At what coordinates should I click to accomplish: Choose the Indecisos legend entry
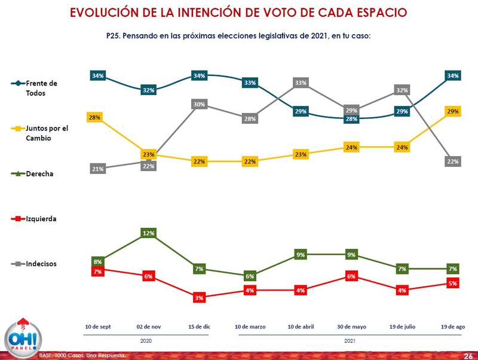(36, 263)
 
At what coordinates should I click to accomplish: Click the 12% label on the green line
(149, 233)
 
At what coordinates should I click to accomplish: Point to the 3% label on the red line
(199, 297)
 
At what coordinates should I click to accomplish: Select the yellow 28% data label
(94, 117)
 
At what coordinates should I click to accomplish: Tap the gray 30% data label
(199, 104)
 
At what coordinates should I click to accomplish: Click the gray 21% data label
(98, 169)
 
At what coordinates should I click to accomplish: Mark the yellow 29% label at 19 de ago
(453, 112)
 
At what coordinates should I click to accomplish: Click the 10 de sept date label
(98, 327)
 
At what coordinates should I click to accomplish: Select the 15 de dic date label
(199, 327)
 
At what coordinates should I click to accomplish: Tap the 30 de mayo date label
(351, 327)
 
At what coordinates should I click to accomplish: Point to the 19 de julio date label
(402, 327)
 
